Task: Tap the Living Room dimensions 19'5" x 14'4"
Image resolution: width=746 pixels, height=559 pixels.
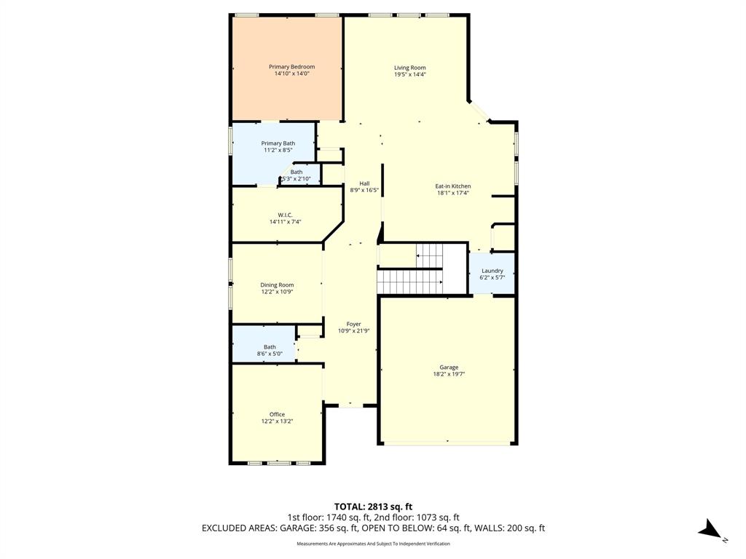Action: (409, 74)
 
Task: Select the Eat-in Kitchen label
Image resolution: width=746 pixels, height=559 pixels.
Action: (453, 186)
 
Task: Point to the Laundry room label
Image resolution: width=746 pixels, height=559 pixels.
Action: (492, 271)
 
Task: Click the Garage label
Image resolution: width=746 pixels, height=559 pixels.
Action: (448, 368)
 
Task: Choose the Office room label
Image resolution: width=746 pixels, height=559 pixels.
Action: (277, 414)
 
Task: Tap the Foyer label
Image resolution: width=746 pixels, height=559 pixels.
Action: (353, 325)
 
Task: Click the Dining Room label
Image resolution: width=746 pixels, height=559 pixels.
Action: (277, 285)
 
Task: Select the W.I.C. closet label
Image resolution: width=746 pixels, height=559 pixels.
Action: (286, 215)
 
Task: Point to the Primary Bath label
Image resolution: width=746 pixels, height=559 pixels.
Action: (278, 143)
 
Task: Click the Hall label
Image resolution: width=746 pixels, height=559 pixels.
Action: (364, 183)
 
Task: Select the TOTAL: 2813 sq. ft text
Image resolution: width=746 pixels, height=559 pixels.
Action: (373, 507)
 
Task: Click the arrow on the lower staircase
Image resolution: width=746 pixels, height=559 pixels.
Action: (439, 280)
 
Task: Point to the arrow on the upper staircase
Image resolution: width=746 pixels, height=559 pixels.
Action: (420, 255)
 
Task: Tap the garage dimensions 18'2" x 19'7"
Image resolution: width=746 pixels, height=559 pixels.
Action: (448, 374)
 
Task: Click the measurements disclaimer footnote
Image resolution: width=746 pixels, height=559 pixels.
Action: (373, 544)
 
